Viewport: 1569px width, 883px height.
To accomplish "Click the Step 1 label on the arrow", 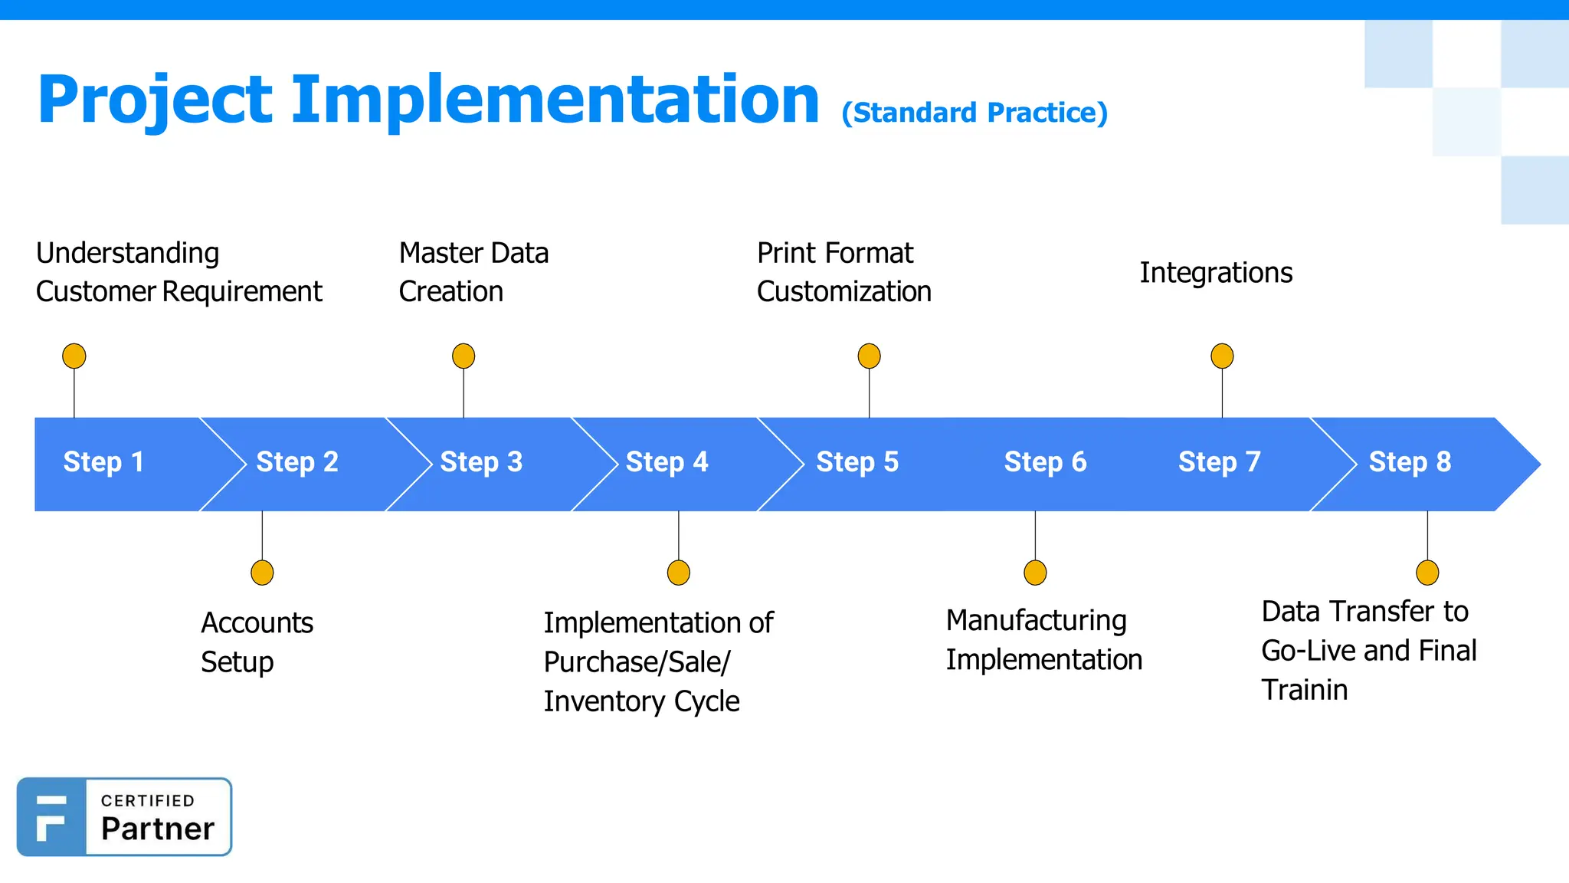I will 103,462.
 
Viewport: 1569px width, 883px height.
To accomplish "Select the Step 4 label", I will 667,462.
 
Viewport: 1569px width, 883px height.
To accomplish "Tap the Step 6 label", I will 1045,462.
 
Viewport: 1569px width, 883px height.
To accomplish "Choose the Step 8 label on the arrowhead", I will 1410,462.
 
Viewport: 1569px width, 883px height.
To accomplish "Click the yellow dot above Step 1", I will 74,356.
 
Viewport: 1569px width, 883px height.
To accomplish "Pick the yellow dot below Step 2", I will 262,573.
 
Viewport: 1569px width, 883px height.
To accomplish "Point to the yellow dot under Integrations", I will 1222,356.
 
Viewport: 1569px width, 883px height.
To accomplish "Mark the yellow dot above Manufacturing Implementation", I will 1035,573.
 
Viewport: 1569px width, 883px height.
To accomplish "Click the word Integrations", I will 1216,273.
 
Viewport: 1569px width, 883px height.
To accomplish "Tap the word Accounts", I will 257,623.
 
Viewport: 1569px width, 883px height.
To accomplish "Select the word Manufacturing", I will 1036,621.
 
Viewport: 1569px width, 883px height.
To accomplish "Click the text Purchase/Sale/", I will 637,662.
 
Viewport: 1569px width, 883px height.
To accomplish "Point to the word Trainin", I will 1304,690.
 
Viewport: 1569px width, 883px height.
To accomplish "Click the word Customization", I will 843,292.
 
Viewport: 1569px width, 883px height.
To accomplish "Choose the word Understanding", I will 127,253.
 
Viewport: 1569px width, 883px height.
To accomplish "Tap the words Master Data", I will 473,253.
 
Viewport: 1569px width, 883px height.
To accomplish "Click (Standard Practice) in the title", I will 974,113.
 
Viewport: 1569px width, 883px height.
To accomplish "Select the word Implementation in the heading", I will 555,100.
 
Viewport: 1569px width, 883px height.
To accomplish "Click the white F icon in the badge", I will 51,817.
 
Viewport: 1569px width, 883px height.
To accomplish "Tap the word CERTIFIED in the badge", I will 148,801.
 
